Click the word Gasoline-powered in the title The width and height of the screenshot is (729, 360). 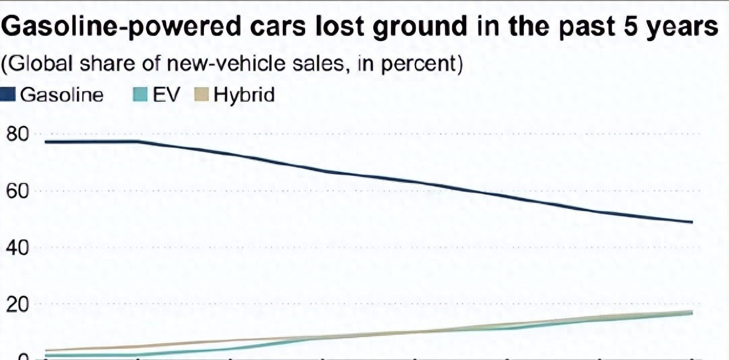click(x=121, y=26)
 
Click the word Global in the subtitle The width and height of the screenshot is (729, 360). click(x=40, y=63)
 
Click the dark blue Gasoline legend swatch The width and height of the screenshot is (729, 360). click(x=7, y=95)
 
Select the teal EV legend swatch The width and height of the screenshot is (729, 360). click(x=141, y=95)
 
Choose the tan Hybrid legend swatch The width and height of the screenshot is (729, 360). click(x=201, y=95)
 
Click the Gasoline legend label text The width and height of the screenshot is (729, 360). click(x=62, y=95)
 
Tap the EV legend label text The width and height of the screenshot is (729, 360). click(x=166, y=95)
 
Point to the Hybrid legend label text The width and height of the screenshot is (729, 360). click(x=244, y=96)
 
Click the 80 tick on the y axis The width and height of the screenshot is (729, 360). click(x=17, y=134)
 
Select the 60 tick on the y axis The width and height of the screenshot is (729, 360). click(x=17, y=191)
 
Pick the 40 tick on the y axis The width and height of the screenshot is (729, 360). click(x=17, y=248)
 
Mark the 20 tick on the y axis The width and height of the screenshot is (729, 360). click(x=17, y=305)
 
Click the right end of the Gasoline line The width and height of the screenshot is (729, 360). click(x=692, y=222)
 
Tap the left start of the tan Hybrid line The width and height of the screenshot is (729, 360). click(x=46, y=351)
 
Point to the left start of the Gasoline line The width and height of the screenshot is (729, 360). click(x=46, y=142)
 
